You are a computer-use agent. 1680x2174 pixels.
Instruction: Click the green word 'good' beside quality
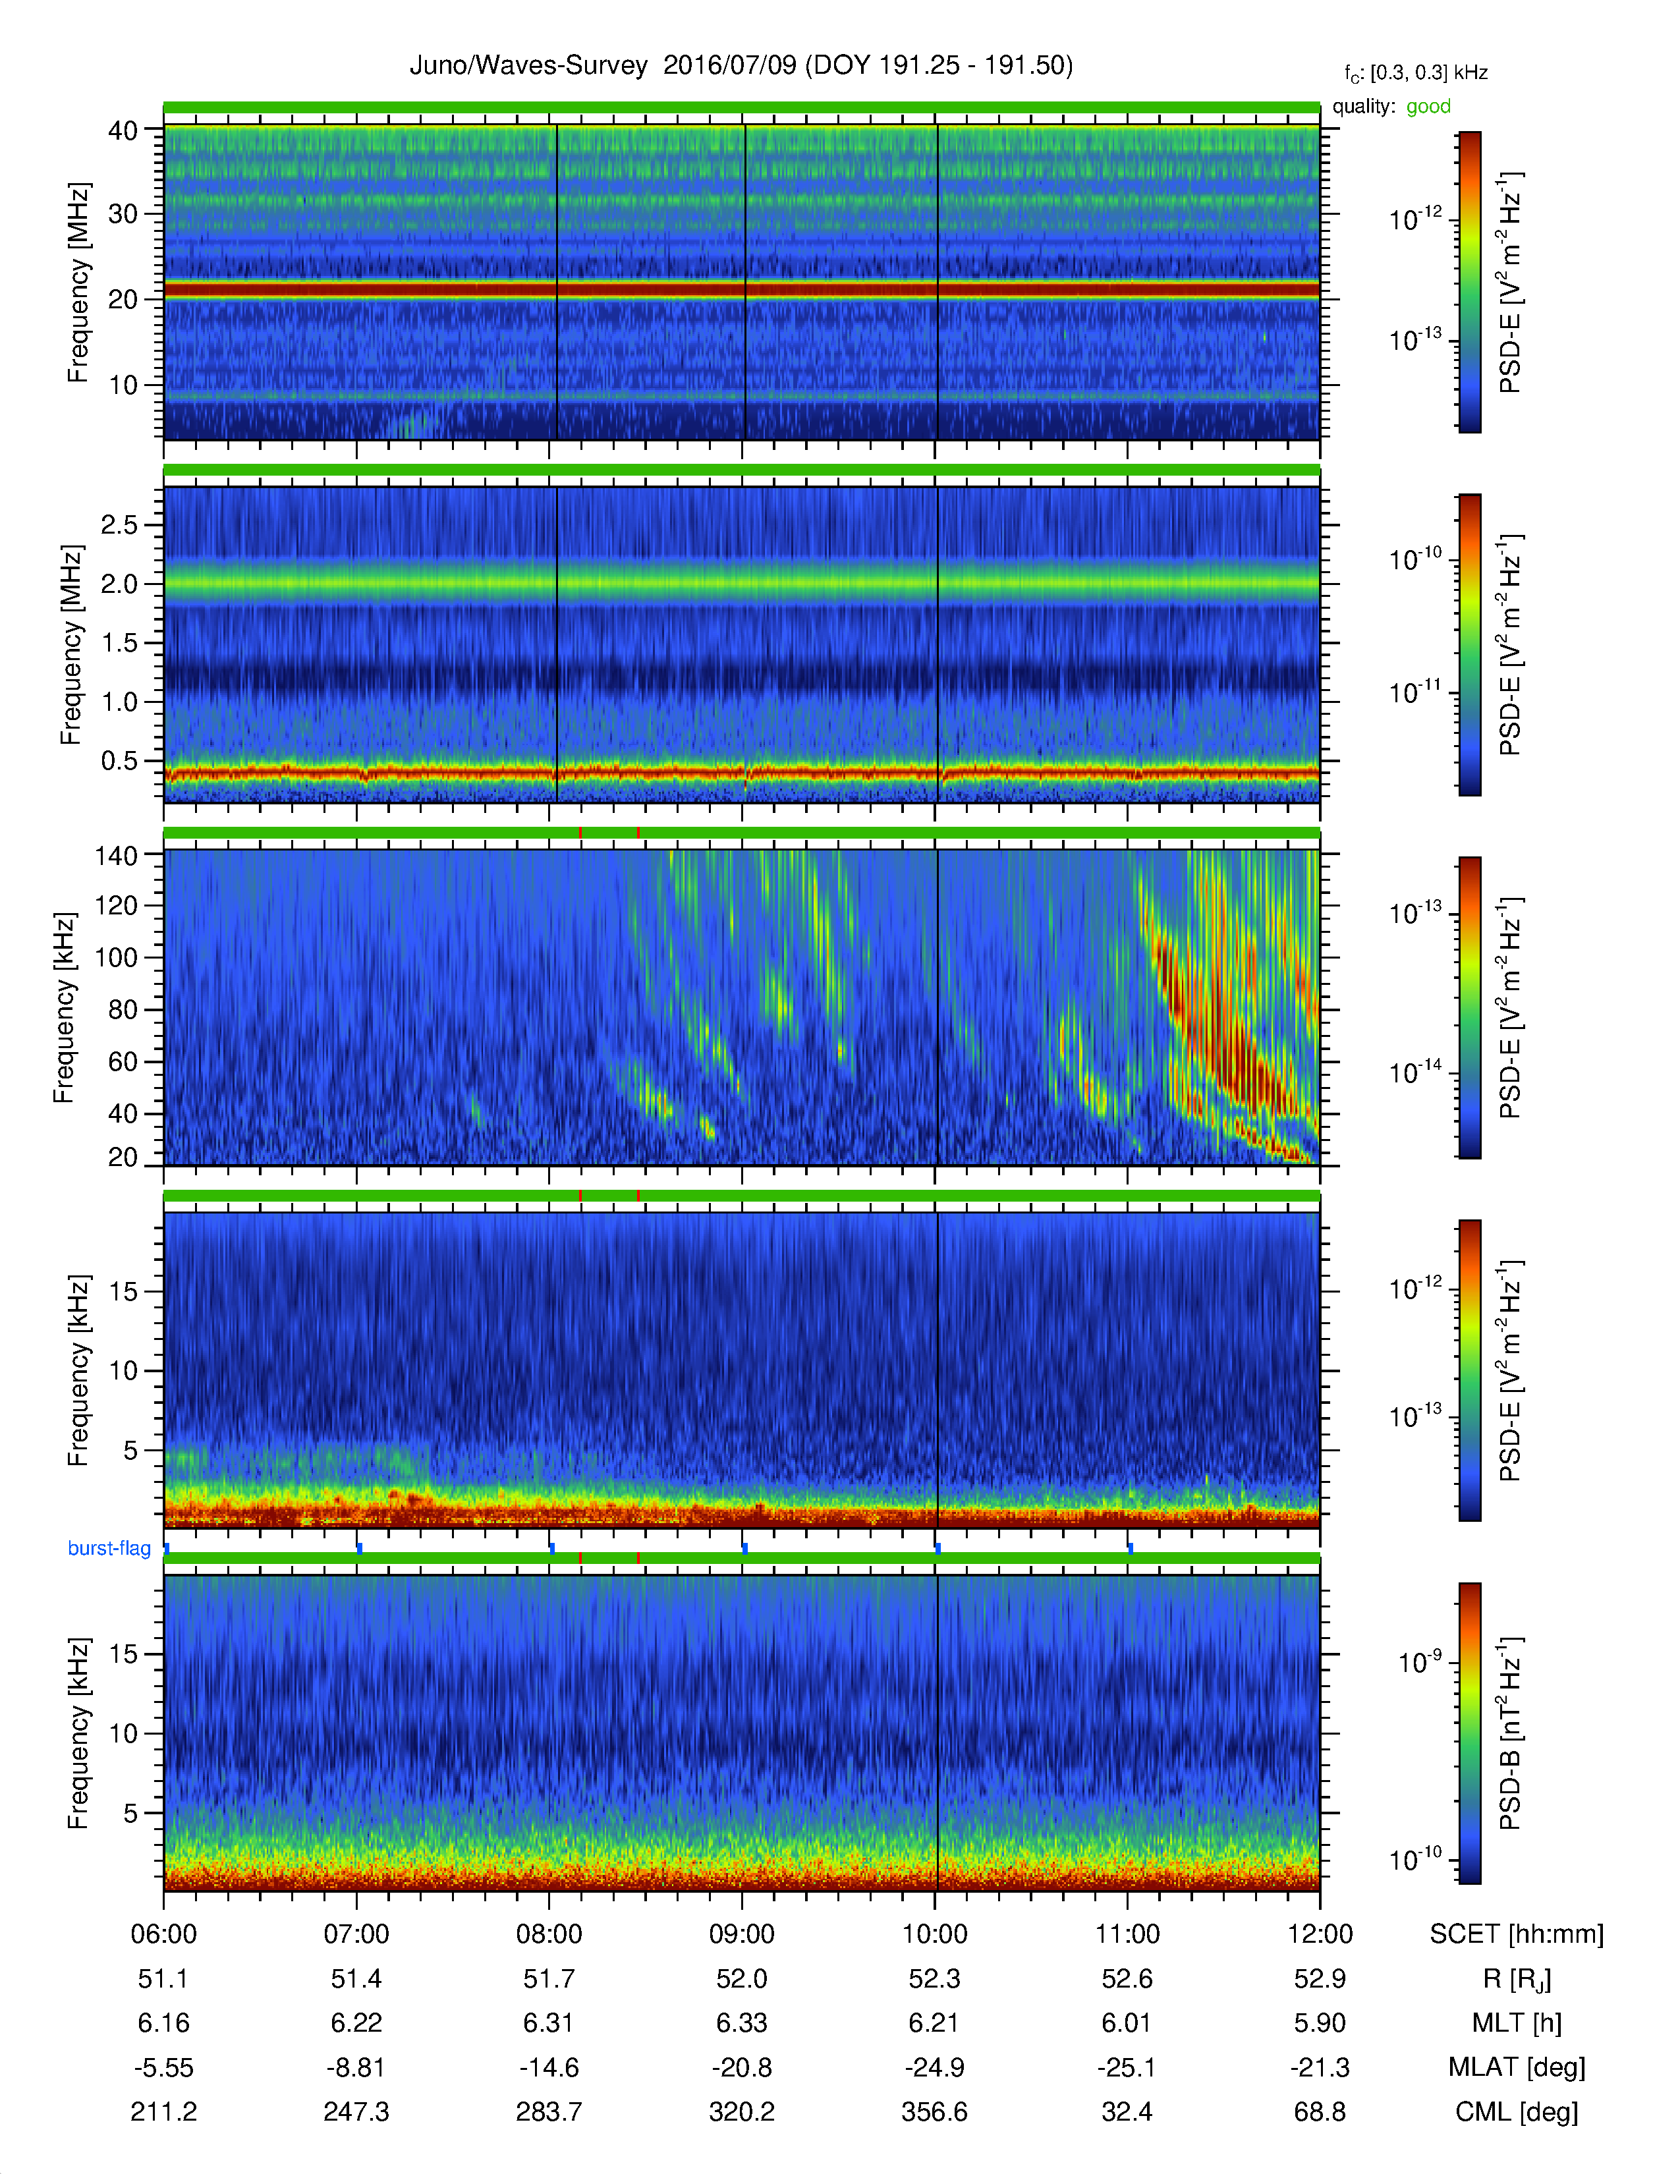[1428, 107]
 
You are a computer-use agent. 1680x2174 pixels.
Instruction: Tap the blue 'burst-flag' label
[109, 1548]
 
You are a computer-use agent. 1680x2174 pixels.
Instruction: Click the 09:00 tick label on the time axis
[741, 1934]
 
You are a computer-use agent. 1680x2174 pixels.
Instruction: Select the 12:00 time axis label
[1320, 1934]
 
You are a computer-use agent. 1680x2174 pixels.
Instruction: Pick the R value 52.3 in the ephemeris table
[935, 1979]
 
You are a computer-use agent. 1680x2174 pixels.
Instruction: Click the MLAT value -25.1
[1127, 2067]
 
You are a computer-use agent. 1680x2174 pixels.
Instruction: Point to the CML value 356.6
[935, 2111]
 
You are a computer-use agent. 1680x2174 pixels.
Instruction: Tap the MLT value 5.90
[1320, 2022]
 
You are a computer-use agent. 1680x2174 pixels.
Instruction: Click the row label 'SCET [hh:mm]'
[1517, 1934]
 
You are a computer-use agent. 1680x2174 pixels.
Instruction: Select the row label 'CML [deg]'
[1517, 2111]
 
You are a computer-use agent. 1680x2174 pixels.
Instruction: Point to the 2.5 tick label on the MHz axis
[119, 524]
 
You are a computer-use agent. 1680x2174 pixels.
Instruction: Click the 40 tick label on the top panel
[123, 130]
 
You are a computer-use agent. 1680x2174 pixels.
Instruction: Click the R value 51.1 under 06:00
[163, 1979]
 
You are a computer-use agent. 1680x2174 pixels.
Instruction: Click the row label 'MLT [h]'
[1517, 2022]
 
